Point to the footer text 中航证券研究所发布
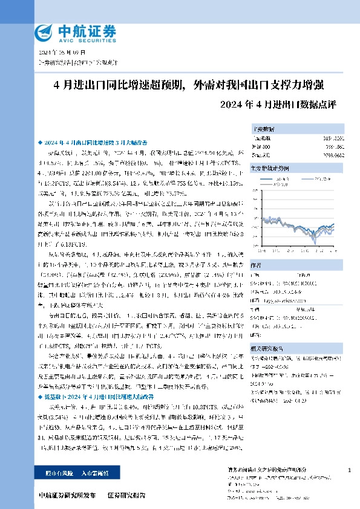(x=67, y=495)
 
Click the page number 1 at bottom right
(x=349, y=470)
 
